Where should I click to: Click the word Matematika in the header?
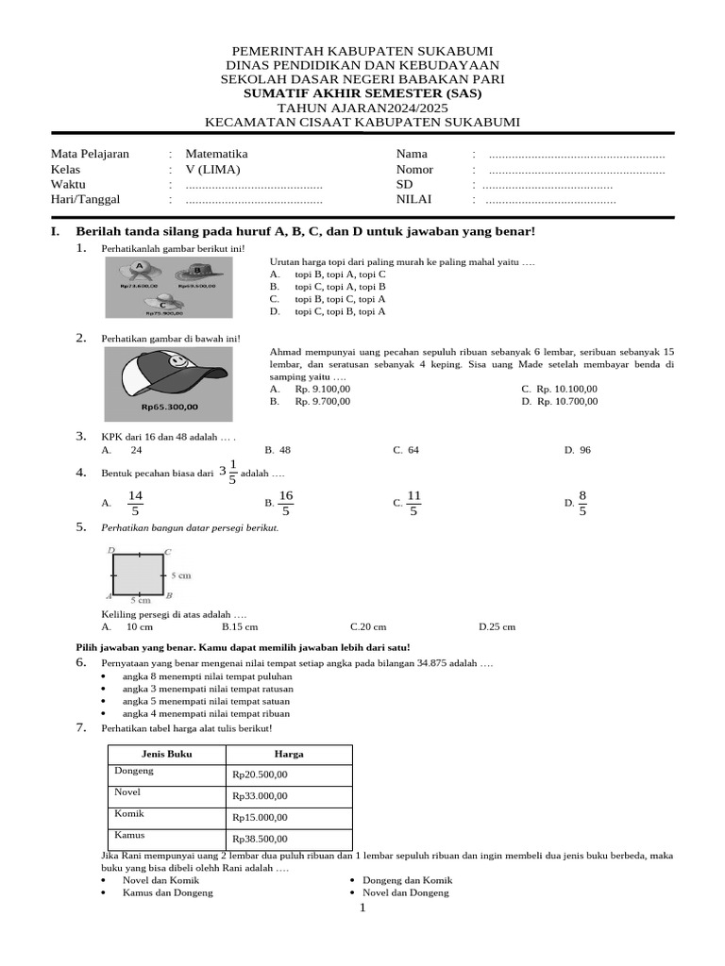tap(216, 154)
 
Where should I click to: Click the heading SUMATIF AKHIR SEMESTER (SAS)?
tap(362, 94)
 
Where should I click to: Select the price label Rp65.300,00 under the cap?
tap(170, 407)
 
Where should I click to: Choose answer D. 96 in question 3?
tap(577, 450)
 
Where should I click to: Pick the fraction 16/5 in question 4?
tap(285, 503)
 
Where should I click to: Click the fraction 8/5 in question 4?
tap(582, 503)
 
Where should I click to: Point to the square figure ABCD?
tap(139, 574)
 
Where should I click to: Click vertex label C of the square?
tap(168, 552)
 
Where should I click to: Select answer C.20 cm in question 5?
tap(368, 625)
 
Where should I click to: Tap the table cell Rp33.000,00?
tap(260, 795)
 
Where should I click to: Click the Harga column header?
tap(289, 754)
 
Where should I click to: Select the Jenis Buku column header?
tap(166, 754)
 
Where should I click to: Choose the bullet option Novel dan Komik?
tap(160, 879)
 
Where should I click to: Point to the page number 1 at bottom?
tap(361, 908)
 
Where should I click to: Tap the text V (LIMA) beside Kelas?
tap(212, 170)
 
